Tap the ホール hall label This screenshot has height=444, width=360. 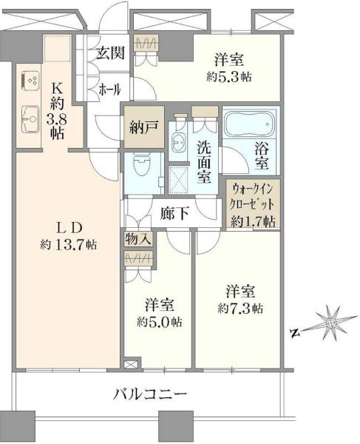click(x=109, y=90)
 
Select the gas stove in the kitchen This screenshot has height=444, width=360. click(x=30, y=81)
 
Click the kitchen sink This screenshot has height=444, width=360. click(x=30, y=119)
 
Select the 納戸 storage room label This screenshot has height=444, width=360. click(x=143, y=128)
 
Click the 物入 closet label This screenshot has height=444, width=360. click(x=139, y=239)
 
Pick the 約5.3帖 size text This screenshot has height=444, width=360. click(x=228, y=77)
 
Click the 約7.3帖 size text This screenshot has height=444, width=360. click(x=240, y=309)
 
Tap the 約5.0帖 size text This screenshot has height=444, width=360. click(x=160, y=322)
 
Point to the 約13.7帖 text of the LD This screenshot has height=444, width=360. click(x=68, y=244)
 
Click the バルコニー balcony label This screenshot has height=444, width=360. click(x=150, y=394)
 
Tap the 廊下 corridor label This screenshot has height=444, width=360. click(x=174, y=213)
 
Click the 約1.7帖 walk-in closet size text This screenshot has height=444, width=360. click(x=253, y=221)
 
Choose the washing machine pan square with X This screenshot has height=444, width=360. click(x=178, y=180)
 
